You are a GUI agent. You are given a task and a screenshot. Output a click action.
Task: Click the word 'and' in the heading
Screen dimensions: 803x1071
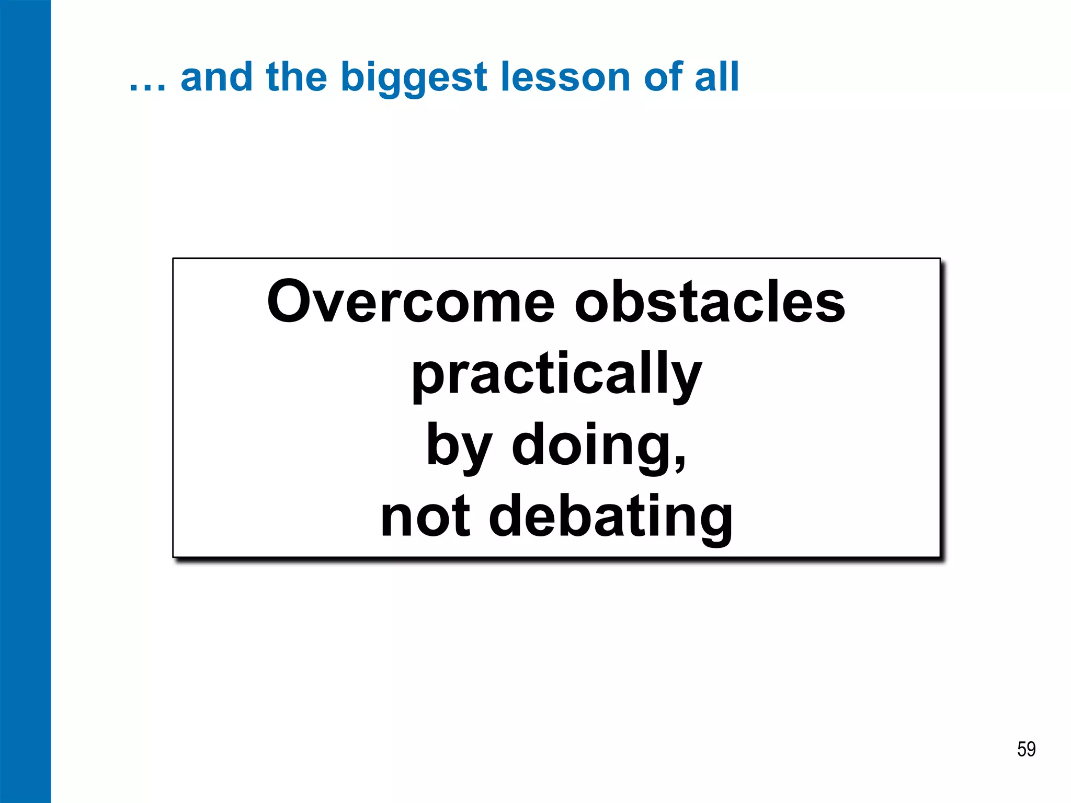pos(217,77)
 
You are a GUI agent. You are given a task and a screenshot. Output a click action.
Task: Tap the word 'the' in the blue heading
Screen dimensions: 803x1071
pos(297,77)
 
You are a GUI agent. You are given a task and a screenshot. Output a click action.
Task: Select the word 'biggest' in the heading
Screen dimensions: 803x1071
pos(414,78)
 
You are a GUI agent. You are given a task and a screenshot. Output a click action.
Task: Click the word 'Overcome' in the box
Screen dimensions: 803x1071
pos(411,302)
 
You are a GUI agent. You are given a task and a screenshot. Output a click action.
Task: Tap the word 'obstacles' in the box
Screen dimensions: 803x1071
pos(710,302)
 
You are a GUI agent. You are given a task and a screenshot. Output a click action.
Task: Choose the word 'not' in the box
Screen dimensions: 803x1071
pos(425,517)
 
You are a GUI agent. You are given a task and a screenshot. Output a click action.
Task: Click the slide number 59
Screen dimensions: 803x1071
pos(1026,749)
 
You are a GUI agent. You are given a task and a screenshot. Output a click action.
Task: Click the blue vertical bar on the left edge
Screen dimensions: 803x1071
pos(25,401)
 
